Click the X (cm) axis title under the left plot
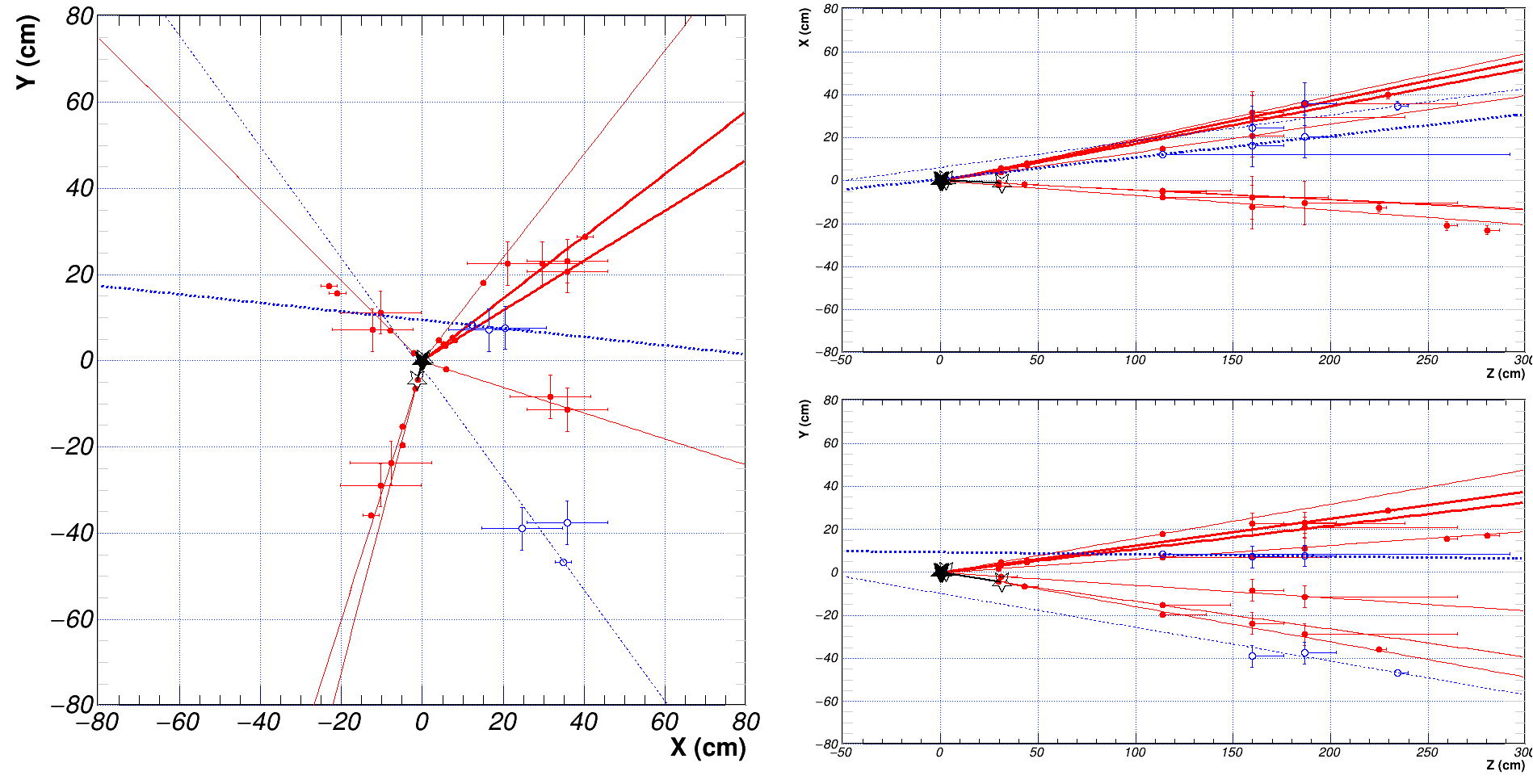pos(708,748)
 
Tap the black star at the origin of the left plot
pos(422,360)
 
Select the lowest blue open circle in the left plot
pos(563,562)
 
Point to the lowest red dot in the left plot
pos(372,515)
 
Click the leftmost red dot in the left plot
pos(329,286)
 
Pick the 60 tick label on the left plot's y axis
pos(80,103)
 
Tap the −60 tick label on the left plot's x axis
pos(178,722)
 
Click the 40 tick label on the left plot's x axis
pos(583,722)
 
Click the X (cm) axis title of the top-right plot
pos(804,27)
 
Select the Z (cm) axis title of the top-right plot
pos(1505,374)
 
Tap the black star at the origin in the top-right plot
pos(941,180)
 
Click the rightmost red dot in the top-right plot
pos(1487,231)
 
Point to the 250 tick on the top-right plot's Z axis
pos(1427,360)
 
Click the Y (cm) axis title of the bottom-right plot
pos(804,419)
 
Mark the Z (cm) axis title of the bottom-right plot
pos(1505,765)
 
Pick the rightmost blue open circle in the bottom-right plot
pos(1397,673)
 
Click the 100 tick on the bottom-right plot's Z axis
pos(1135,753)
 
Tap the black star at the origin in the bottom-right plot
pos(941,572)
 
